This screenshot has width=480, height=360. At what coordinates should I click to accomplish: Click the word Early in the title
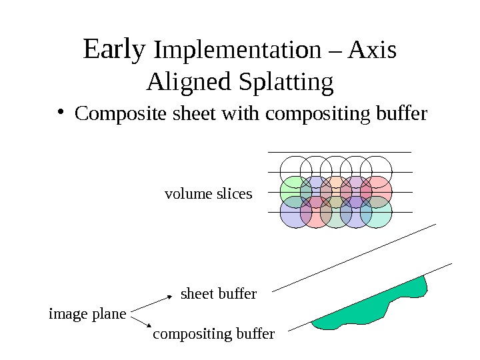click(x=115, y=49)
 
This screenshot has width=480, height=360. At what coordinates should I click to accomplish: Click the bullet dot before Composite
click(x=61, y=113)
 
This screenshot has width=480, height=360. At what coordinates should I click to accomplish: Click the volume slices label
click(x=208, y=194)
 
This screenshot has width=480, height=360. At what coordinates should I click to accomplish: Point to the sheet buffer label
click(x=219, y=293)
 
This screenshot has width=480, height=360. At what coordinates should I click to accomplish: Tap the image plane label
click(x=87, y=313)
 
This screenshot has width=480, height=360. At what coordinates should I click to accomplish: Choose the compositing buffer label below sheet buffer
click(x=213, y=333)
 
